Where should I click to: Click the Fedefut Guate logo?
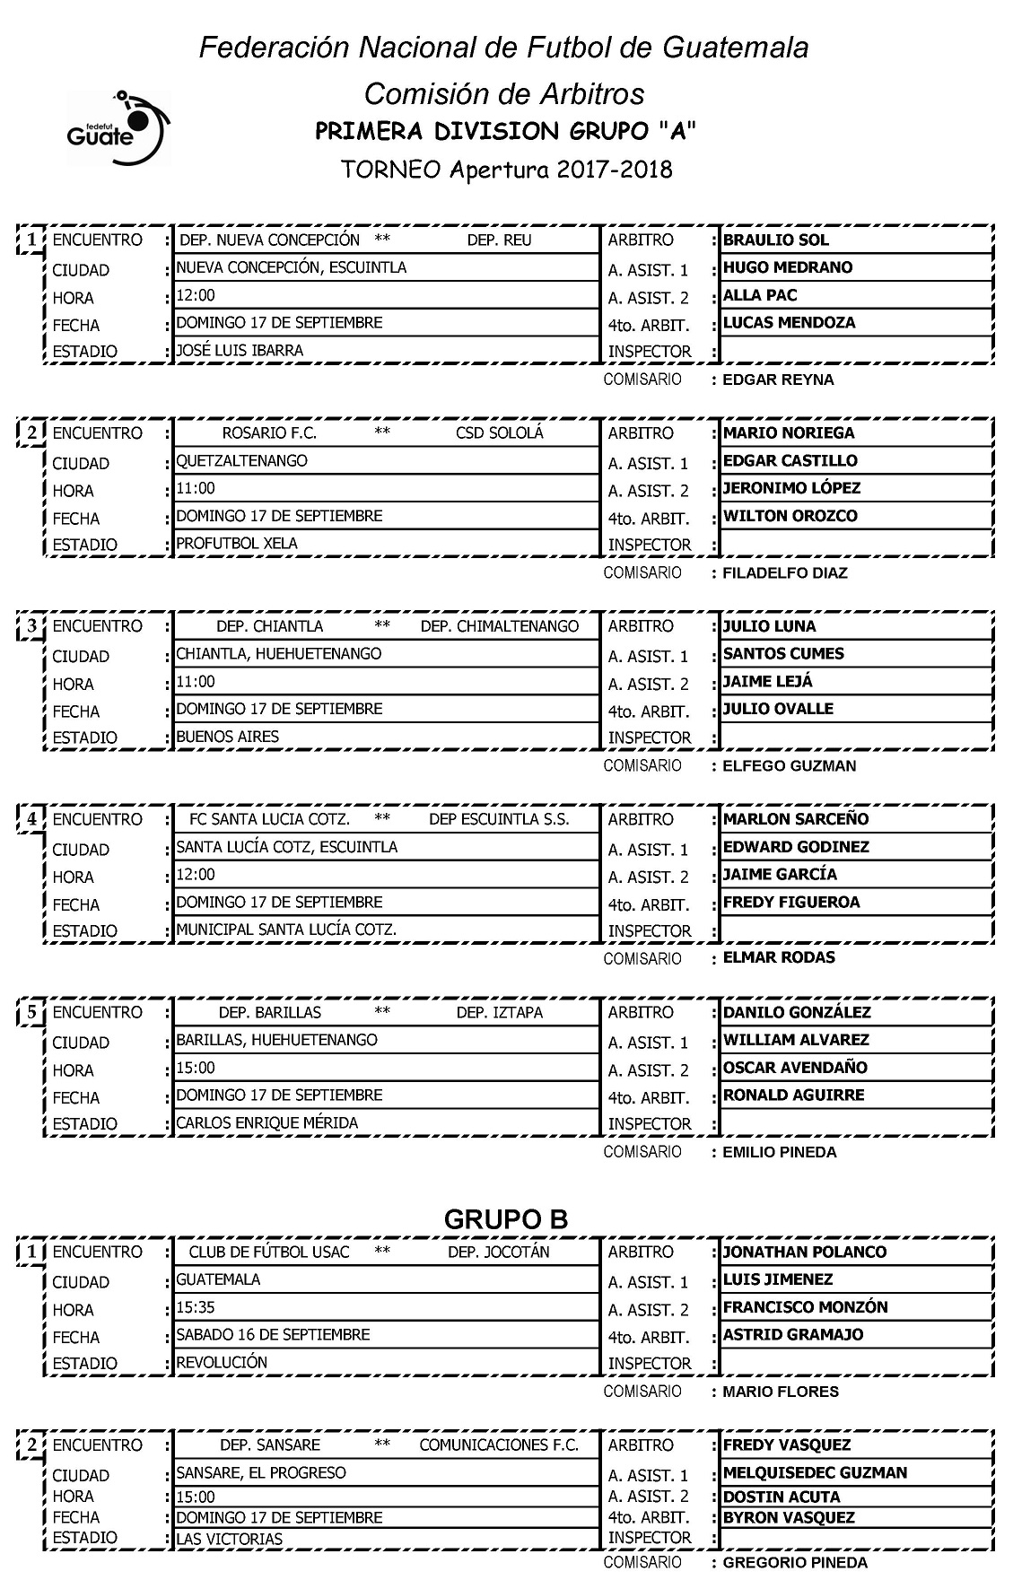point(117,127)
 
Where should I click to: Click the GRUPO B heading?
point(506,1219)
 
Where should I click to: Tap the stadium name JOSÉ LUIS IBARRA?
point(240,351)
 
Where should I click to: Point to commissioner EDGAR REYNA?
point(778,380)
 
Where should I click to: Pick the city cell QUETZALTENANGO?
point(241,461)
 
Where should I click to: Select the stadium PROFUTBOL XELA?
point(237,544)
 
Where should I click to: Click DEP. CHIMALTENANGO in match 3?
point(500,626)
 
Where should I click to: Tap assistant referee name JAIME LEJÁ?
point(767,682)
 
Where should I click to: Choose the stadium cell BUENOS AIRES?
point(227,737)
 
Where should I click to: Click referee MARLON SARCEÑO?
point(783,819)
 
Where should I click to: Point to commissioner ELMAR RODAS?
point(779,957)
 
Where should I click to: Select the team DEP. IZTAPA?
point(500,1013)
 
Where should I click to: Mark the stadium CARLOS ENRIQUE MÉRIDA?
point(266,1123)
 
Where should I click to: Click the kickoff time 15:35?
point(196,1307)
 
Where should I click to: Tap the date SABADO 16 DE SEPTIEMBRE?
point(273,1335)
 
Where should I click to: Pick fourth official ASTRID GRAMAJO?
point(793,1335)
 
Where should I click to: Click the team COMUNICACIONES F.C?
point(499,1445)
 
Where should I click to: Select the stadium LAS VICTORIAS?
point(230,1540)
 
